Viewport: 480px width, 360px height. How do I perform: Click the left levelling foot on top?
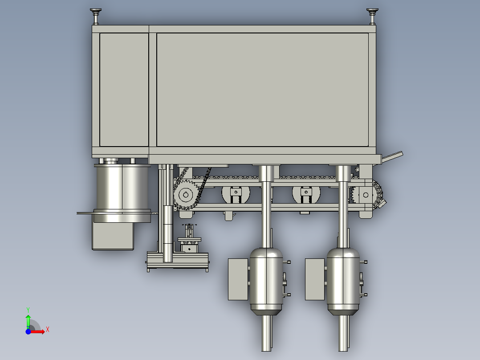pyautogui.click(x=95, y=16)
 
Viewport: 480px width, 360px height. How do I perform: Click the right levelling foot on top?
pyautogui.click(x=372, y=16)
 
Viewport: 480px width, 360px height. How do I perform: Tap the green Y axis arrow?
pyautogui.click(x=28, y=321)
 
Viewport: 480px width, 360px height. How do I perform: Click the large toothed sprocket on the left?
pyautogui.click(x=186, y=195)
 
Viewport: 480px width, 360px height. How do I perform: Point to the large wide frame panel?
pyautogui.click(x=262, y=90)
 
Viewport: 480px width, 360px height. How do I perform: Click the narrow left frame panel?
pyautogui.click(x=124, y=90)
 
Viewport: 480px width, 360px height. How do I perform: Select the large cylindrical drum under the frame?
pyautogui.click(x=122, y=192)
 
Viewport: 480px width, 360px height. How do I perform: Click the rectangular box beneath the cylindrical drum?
pyautogui.click(x=113, y=236)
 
